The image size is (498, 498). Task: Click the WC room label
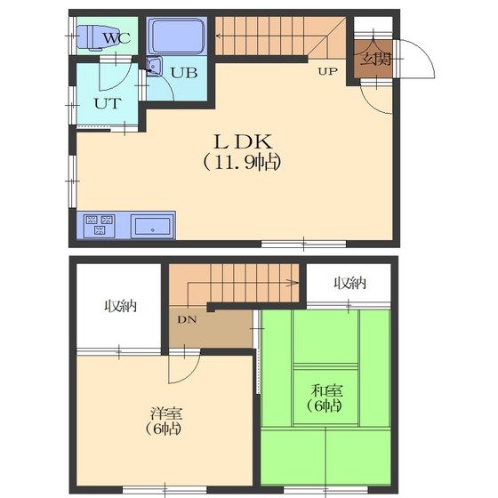tap(116, 38)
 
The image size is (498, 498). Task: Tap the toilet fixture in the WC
tap(91, 37)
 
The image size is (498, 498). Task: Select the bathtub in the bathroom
tap(177, 36)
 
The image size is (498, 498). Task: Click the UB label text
tap(184, 73)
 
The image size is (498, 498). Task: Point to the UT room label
tap(108, 103)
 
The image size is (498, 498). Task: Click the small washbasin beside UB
tap(154, 67)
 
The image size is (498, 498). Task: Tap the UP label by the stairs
tap(328, 71)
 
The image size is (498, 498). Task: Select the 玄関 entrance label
tap(375, 59)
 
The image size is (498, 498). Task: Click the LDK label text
tap(244, 142)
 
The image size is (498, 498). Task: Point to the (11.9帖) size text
tap(243, 162)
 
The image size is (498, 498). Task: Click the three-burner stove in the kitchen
tap(100, 225)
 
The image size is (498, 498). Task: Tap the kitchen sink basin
tap(152, 227)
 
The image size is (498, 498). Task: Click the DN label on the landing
tap(187, 319)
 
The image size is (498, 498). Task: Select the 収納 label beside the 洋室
tap(121, 306)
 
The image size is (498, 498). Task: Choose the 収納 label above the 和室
tap(350, 283)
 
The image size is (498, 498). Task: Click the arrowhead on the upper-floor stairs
tap(293, 283)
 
